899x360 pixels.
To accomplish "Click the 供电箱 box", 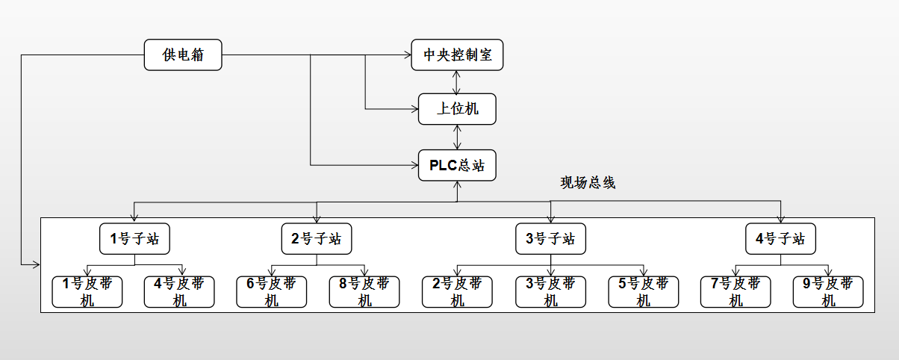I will pos(183,55).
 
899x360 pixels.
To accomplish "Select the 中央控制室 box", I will pos(457,55).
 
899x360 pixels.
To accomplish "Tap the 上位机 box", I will pos(457,109).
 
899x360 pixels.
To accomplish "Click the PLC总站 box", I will pos(457,165).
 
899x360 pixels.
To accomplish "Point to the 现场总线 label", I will pos(588,183).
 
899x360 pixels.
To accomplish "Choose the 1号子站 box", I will pos(134,239).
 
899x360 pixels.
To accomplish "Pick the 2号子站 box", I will pos(317,239).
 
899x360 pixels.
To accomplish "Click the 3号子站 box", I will pos(550,239).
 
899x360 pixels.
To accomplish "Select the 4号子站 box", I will pos(780,239).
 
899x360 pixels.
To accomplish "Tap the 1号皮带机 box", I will pos(87,291).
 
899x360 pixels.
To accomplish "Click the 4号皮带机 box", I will pos(179,291).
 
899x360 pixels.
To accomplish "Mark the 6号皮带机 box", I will pos(272,291).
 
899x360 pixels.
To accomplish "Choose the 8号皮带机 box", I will pos(364,291).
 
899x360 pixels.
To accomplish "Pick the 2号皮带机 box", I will pos(457,291).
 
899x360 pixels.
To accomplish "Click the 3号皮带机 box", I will pos(550,291).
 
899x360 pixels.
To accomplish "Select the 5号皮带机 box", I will pos(643,291).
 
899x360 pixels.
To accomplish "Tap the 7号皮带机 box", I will pos(735,291).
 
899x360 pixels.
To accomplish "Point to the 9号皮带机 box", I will pos(828,291).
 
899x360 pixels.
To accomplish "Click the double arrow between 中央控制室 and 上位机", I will pos(457,82).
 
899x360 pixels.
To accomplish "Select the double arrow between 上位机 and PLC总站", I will pos(457,137).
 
